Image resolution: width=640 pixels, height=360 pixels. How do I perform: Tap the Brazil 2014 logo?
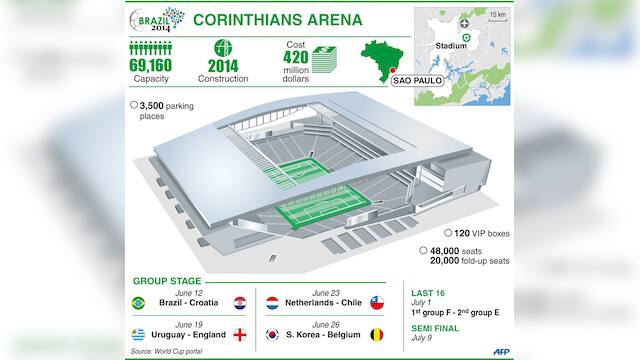tap(156, 20)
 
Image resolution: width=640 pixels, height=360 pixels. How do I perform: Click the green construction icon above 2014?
tap(222, 47)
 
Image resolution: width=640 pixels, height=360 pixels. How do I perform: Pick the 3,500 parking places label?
tap(160, 108)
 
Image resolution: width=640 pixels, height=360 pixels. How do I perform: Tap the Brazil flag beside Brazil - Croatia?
tap(137, 301)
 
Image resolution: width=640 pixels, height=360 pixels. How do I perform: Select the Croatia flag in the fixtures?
tap(240, 301)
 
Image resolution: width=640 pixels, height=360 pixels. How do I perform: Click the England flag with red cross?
tap(240, 334)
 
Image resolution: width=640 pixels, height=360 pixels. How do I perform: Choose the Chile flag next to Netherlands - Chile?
tap(377, 301)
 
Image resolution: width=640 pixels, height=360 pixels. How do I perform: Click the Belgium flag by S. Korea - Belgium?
tap(377, 334)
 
